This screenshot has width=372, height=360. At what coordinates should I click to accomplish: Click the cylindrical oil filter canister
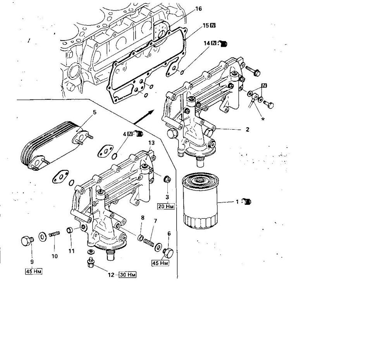pyautogui.click(x=200, y=201)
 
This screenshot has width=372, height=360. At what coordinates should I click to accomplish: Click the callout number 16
pyautogui.click(x=198, y=9)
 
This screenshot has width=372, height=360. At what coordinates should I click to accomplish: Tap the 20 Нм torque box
pyautogui.click(x=166, y=206)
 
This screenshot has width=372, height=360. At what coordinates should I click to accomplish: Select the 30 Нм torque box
pyautogui.click(x=127, y=275)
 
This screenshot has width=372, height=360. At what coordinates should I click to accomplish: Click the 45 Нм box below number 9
pyautogui.click(x=34, y=271)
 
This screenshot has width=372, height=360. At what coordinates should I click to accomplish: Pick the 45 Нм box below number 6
pyautogui.click(x=160, y=263)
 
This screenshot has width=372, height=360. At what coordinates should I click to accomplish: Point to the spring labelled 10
pyautogui.click(x=54, y=234)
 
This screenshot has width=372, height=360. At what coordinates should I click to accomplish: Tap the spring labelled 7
pyautogui.click(x=149, y=242)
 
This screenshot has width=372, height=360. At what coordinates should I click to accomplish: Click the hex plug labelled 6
pyautogui.click(x=168, y=253)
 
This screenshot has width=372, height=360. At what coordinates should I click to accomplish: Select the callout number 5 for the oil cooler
pyautogui.click(x=95, y=112)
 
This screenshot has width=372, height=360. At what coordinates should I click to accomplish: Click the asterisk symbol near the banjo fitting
pyautogui.click(x=263, y=119)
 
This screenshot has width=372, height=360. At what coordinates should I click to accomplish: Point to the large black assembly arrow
pyautogui.click(x=144, y=117)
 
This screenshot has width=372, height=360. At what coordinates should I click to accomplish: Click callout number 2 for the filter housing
pyautogui.click(x=248, y=129)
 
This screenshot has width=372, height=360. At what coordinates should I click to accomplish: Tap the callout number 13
pyautogui.click(x=152, y=143)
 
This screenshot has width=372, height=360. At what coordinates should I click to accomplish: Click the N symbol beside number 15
pyautogui.click(x=213, y=26)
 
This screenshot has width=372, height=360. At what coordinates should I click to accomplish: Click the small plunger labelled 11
pyautogui.click(x=70, y=230)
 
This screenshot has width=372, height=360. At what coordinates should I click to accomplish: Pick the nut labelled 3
pyautogui.click(x=167, y=179)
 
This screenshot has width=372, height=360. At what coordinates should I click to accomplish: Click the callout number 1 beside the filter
pyautogui.click(x=237, y=202)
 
